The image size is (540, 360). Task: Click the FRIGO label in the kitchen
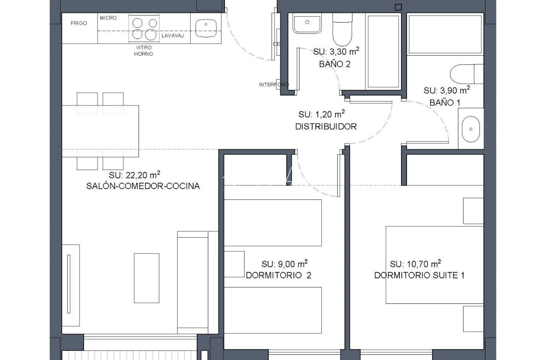pos(79,23)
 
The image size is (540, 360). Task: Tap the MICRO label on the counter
pos(108,18)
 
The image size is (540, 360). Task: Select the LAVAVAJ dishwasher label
pos(173,36)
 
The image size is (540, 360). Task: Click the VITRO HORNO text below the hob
pos(143,51)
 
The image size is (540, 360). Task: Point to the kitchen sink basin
pos(206,28)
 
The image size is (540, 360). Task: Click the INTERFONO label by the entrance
pos(273,85)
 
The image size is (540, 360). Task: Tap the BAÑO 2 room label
pos(335,64)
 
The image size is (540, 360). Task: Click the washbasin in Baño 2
pos(307,23)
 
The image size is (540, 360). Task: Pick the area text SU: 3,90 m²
pos(447,90)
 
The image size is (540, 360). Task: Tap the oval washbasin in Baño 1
pos(471,129)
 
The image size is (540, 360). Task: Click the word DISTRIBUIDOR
pos(326,127)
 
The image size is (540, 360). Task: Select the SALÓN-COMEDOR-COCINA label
pos(143,186)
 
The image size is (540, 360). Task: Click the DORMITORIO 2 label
pos(278,275)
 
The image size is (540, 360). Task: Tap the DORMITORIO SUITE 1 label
pos(419,275)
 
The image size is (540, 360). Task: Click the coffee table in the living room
pos(146,278)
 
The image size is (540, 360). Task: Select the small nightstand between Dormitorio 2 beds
pos(234,264)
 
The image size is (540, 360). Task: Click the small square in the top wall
pos(398,7)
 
